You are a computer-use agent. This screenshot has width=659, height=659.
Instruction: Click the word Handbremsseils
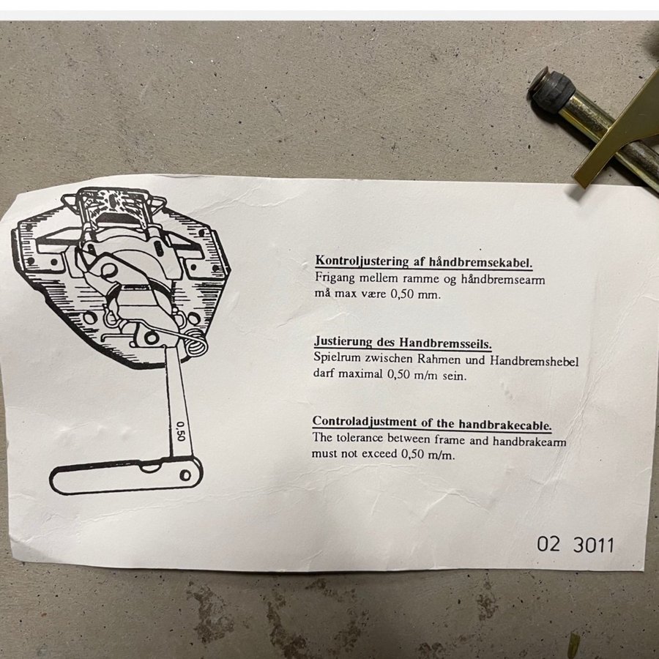click(x=445, y=343)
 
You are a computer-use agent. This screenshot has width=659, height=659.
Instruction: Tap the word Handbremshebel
click(x=535, y=360)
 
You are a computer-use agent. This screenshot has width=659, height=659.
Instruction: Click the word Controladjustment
click(x=365, y=421)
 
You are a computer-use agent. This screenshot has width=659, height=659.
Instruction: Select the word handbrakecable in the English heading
click(x=505, y=424)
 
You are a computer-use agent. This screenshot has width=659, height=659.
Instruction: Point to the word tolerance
click(x=360, y=439)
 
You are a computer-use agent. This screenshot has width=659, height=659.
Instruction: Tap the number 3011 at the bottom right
click(x=593, y=545)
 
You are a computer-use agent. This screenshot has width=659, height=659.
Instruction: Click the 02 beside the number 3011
click(x=548, y=544)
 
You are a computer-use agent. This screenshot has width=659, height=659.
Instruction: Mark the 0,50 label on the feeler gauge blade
click(x=180, y=431)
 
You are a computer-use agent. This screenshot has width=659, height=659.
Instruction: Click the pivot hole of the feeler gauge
click(x=185, y=475)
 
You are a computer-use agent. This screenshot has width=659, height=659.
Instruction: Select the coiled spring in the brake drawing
click(x=196, y=343)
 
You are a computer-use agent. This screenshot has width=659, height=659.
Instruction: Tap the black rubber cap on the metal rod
click(x=551, y=89)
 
